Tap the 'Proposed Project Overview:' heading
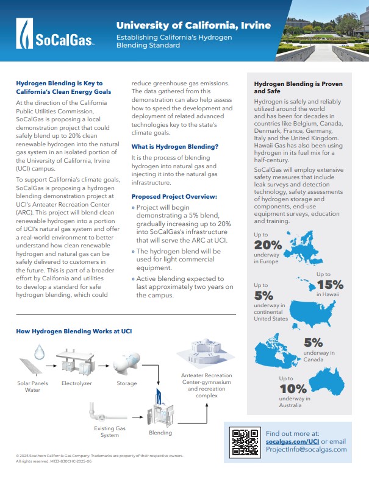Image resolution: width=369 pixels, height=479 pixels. pos(174,197)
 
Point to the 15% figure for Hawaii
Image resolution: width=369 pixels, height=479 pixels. pos(330,284)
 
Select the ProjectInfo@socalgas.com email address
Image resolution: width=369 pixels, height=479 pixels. pos(306,449)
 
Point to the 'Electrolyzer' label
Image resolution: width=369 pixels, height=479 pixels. pos(76,383)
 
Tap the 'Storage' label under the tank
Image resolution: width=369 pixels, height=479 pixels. pos(127,383)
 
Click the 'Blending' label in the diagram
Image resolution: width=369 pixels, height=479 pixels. pos(160,433)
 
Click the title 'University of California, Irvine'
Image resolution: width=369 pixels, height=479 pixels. pos(193,26)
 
